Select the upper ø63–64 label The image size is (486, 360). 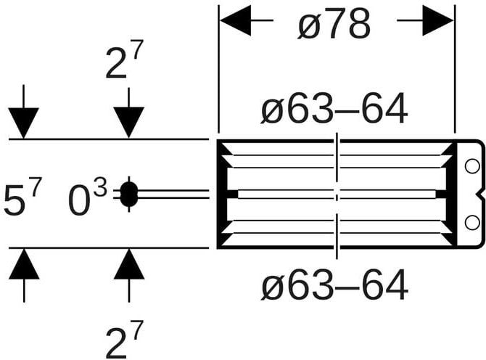point(334,109)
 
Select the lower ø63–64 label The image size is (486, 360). point(334,285)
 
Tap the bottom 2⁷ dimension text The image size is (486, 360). point(124,340)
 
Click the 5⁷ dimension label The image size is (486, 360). point(22,197)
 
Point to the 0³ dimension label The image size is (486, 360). point(88,198)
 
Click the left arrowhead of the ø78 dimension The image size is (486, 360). point(236,20)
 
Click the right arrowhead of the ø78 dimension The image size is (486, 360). point(438,20)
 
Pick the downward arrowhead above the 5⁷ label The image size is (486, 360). point(23,123)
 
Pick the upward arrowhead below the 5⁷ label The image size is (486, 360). point(24,264)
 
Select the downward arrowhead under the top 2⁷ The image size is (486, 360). point(128,123)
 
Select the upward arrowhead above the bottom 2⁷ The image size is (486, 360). point(129,264)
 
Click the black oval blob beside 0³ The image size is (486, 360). point(128,195)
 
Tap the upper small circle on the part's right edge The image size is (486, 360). point(472,166)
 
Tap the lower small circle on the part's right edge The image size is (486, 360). point(472,222)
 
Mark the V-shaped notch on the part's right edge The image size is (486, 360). point(480,195)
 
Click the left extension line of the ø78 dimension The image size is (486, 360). point(219,69)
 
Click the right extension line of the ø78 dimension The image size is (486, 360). point(455,69)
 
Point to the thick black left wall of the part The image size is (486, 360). point(222,194)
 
